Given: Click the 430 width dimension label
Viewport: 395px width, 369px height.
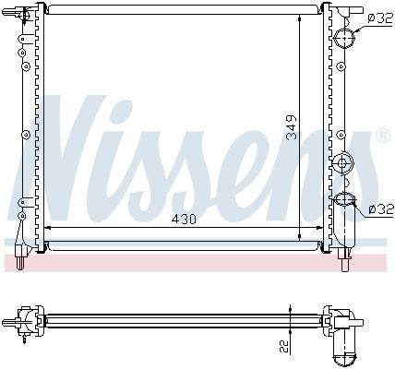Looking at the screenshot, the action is [x=184, y=220].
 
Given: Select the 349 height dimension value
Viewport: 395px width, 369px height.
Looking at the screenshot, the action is [x=292, y=127].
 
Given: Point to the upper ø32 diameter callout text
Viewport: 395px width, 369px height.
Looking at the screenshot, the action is [x=380, y=18].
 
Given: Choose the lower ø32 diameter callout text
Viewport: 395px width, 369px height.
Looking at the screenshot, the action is [x=381, y=209].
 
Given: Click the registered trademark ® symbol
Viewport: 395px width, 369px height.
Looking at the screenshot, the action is [x=383, y=135].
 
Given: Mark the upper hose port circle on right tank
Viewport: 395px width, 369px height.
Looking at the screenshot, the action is [x=344, y=38].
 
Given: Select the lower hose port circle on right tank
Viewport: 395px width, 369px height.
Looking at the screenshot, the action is [x=344, y=199].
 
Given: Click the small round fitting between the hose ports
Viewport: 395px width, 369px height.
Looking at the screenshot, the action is [x=342, y=163].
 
